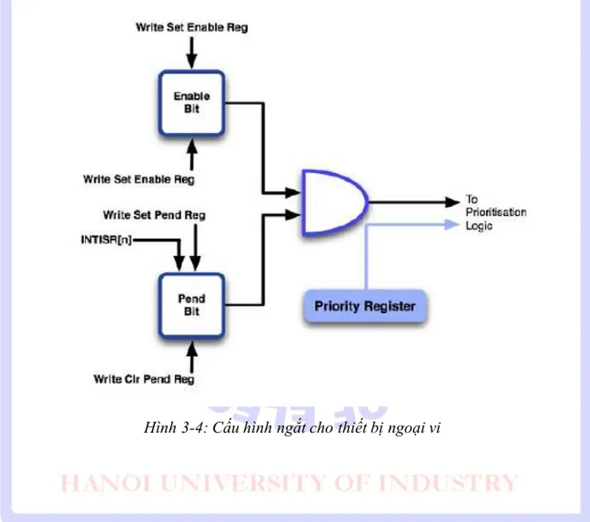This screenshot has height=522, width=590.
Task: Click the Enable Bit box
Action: (191, 103)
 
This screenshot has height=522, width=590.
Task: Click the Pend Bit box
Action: (191, 306)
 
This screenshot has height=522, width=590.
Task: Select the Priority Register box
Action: (364, 306)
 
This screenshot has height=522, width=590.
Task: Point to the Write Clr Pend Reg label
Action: (144, 379)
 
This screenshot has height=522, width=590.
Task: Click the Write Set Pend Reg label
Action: (154, 215)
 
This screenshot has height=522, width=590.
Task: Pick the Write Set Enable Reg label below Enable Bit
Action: (138, 179)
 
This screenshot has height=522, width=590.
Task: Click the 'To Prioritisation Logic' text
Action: (494, 212)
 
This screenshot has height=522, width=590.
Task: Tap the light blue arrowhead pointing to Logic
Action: (451, 224)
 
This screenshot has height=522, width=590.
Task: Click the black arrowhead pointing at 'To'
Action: (453, 202)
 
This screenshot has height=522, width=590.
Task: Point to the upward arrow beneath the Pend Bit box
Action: (191, 350)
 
